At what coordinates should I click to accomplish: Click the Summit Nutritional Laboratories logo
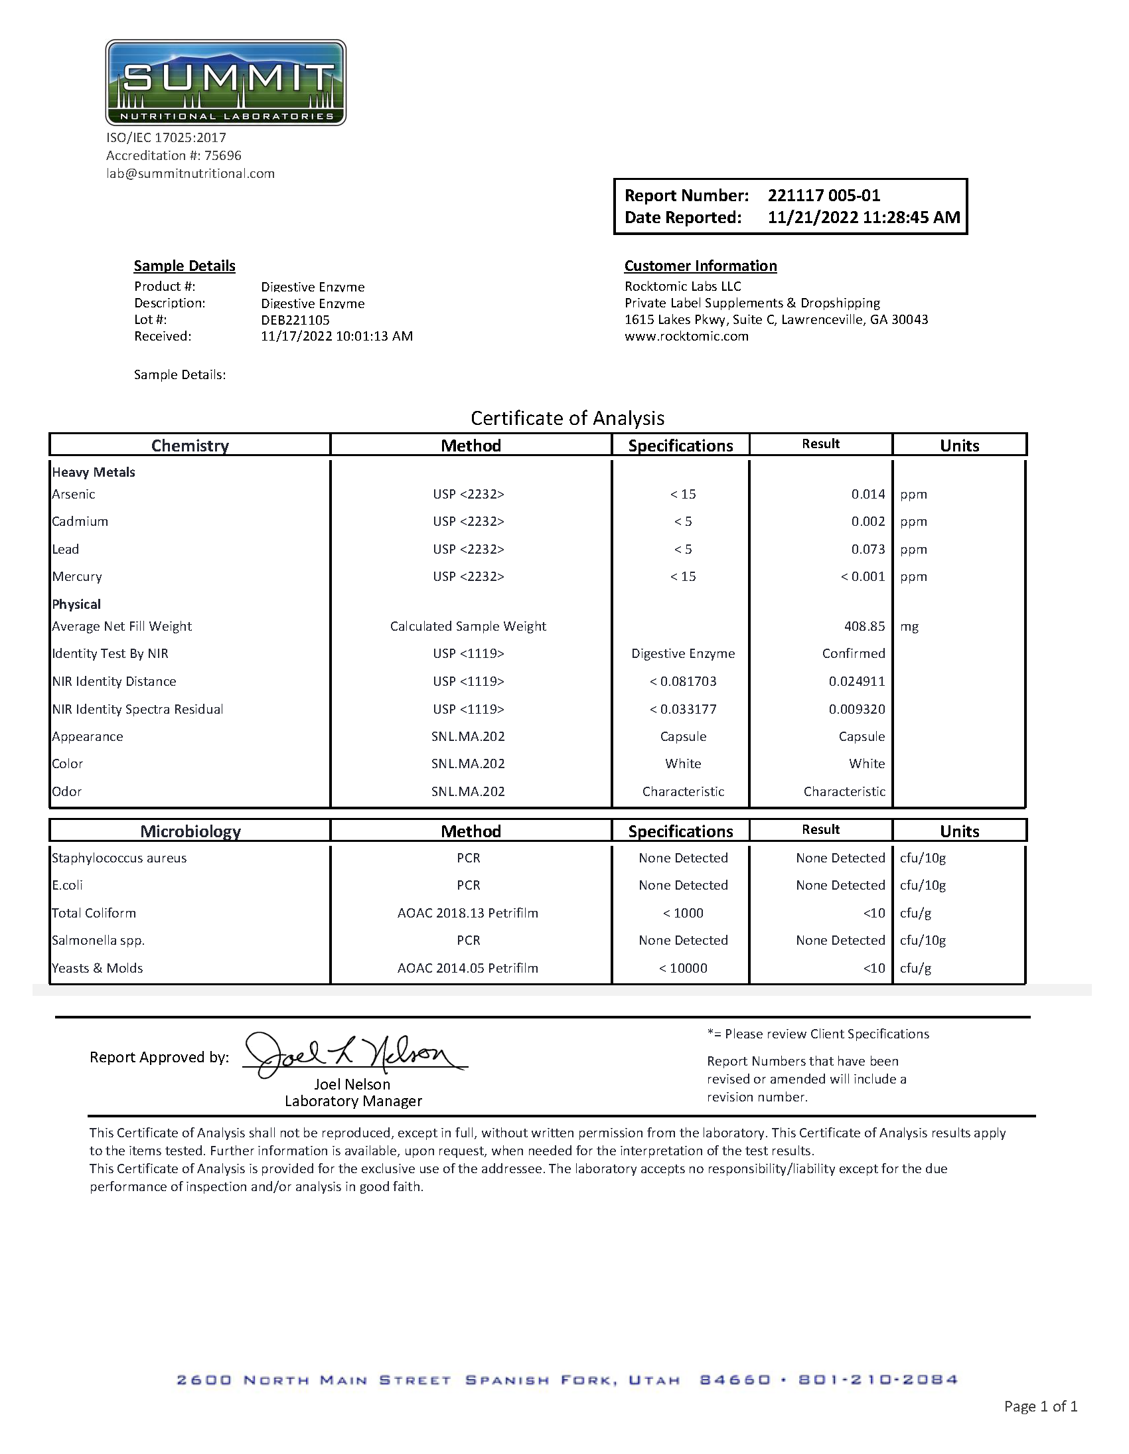tap(226, 82)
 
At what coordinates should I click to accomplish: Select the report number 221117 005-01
tap(824, 196)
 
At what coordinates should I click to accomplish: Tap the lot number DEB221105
tap(295, 319)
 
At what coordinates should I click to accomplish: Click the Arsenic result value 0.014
tap(867, 494)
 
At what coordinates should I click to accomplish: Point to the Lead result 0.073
tap(867, 549)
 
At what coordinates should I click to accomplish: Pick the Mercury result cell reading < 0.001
tap(862, 576)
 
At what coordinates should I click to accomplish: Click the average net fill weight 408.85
tap(864, 627)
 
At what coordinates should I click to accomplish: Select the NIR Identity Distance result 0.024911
tap(857, 681)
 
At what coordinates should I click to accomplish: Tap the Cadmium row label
tap(80, 521)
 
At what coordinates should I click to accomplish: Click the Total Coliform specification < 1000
tap(683, 913)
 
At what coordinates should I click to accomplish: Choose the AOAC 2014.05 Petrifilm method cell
tap(467, 968)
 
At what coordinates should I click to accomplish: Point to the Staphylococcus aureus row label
tap(119, 858)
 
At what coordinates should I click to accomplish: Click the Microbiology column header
tap(190, 831)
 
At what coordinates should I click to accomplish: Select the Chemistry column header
tap(190, 445)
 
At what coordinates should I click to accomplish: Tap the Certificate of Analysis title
tap(567, 418)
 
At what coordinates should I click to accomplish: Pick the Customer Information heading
tap(700, 266)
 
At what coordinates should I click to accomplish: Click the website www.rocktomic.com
tap(686, 336)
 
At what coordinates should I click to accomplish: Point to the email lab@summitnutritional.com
tap(190, 174)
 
